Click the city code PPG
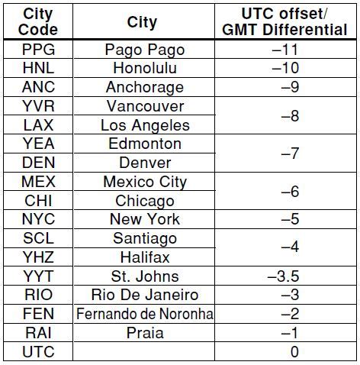38,50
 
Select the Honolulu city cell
145,68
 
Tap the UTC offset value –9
290,87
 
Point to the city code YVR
38,106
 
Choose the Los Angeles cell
145,125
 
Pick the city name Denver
145,163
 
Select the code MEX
38,182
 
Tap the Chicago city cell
145,201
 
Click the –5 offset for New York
290,219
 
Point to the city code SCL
38,238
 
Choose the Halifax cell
145,257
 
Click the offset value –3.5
283,276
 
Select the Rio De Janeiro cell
145,295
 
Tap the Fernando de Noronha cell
145,314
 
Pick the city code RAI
38,333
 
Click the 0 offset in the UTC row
294,352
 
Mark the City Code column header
38,21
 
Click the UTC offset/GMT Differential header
284,21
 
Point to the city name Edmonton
145,144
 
